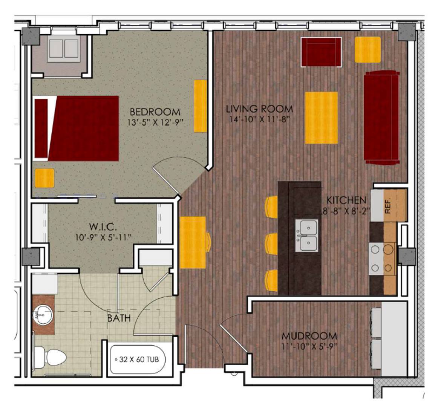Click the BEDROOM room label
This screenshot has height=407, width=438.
click(x=155, y=112)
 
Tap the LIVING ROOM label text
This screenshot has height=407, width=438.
click(x=259, y=109)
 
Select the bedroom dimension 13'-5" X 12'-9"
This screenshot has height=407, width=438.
click(x=155, y=122)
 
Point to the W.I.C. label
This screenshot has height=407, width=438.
click(x=103, y=227)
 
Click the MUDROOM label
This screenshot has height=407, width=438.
click(x=309, y=336)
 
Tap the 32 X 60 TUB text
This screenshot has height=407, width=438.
click(x=139, y=359)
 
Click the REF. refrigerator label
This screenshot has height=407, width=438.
click(x=388, y=206)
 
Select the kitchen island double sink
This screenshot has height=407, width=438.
click(x=306, y=236)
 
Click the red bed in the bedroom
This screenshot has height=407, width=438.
click(x=77, y=129)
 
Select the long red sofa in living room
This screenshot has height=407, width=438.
click(x=381, y=117)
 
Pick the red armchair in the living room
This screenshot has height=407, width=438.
click(x=321, y=52)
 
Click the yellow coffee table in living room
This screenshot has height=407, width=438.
click(x=321, y=118)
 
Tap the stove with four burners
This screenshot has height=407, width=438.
click(x=381, y=258)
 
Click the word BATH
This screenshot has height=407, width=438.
click(x=119, y=318)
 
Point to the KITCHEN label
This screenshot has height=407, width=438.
click(x=346, y=200)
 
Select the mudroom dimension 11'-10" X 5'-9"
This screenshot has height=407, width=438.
click(x=309, y=346)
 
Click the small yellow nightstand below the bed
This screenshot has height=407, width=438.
click(x=44, y=178)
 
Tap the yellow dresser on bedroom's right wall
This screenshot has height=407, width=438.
click(x=200, y=106)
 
